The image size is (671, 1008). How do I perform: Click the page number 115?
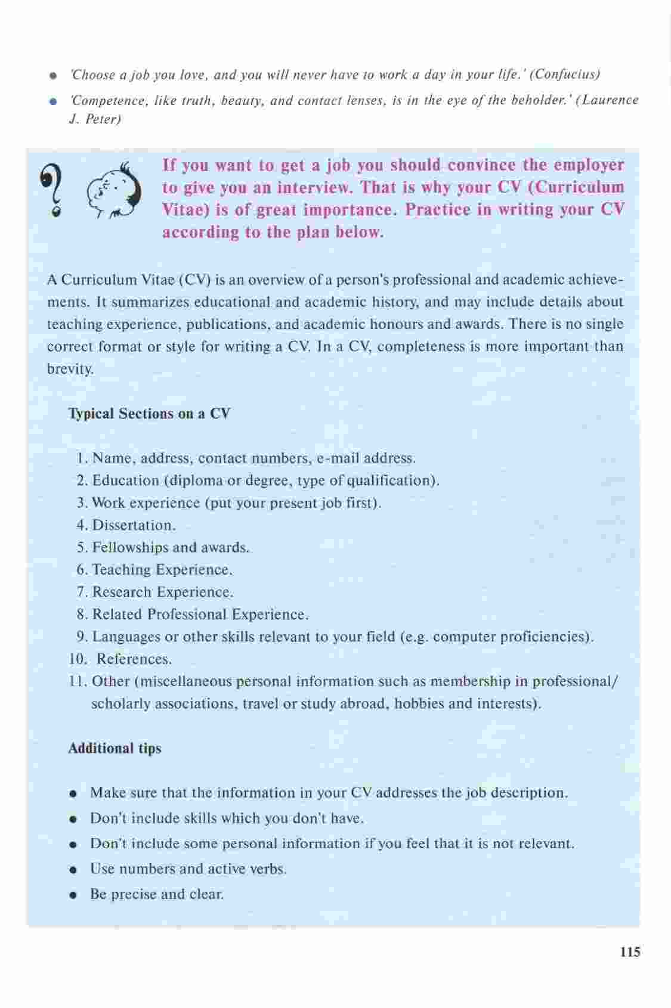tap(630, 951)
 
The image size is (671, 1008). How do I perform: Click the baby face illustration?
tap(113, 191)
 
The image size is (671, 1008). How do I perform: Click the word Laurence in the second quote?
tap(611, 100)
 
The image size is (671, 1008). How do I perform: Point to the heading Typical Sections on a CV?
tap(149, 414)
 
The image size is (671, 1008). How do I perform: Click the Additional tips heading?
tap(115, 748)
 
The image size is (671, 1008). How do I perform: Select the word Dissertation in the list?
tap(132, 525)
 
